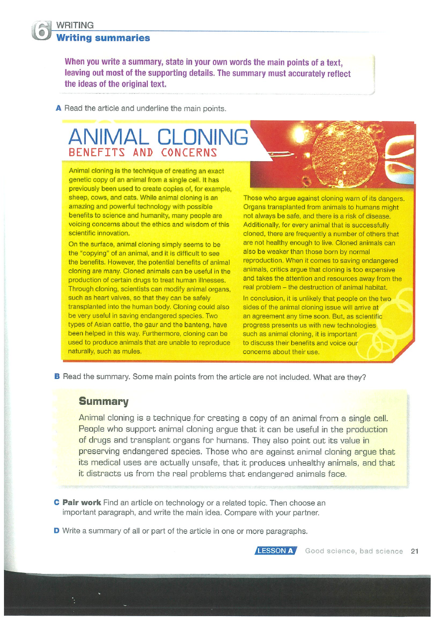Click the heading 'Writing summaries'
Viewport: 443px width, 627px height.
pos(103,38)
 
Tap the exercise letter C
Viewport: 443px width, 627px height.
pos(57,502)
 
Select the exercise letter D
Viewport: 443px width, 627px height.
pos(57,531)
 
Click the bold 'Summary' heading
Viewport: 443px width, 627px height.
pos(104,401)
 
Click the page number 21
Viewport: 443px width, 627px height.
pos(415,551)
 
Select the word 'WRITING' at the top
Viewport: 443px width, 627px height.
pos(75,25)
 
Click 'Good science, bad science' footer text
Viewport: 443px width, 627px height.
pos(354,551)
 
